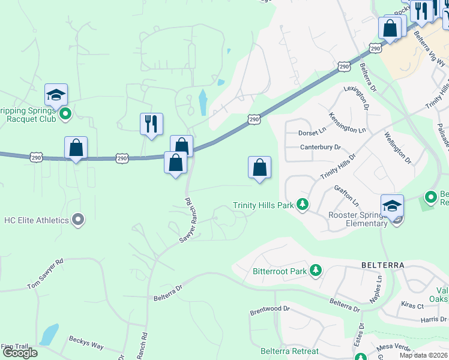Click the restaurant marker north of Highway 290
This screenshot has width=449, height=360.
point(151,124)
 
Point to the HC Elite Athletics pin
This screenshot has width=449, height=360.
point(77,220)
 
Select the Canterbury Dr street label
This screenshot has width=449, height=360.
point(320,147)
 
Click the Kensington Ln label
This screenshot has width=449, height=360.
point(348,122)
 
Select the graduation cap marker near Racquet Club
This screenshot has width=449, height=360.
point(56,95)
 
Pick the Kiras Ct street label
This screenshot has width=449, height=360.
point(412,306)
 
